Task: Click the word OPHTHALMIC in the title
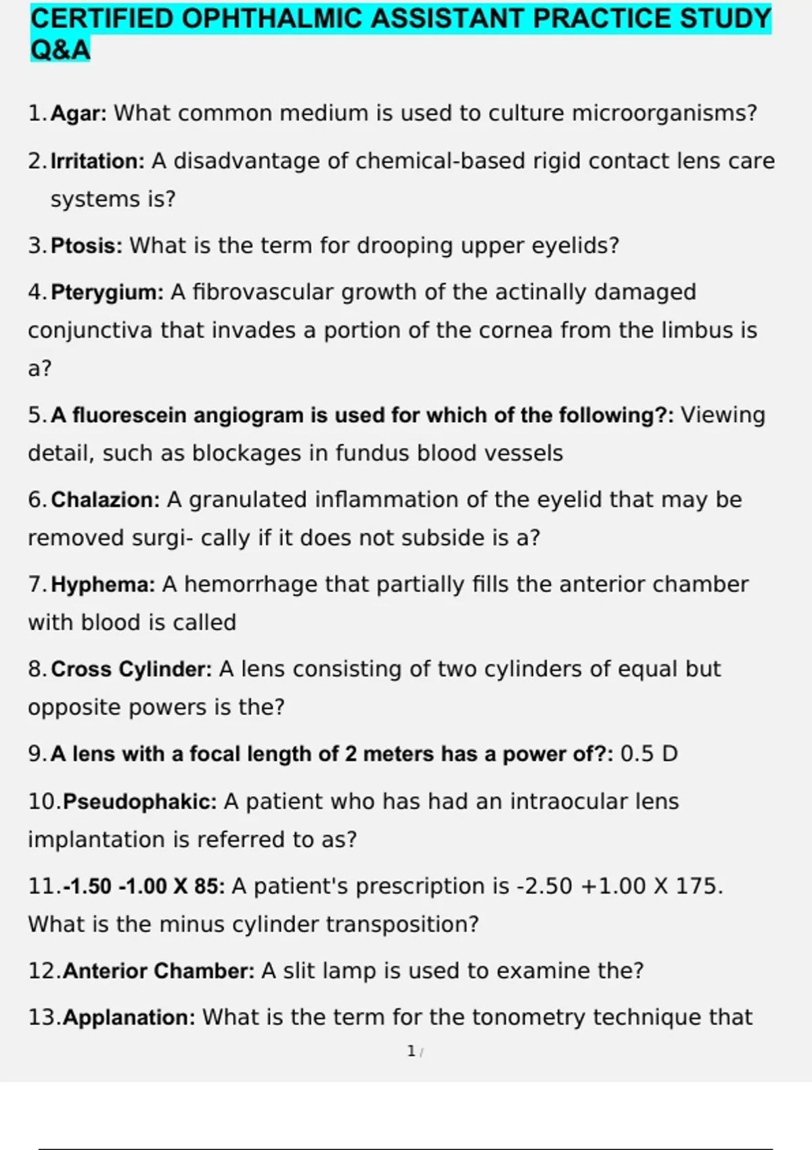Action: (273, 19)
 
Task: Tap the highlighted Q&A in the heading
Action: (60, 49)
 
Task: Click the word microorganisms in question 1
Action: (664, 113)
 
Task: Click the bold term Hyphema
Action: (103, 584)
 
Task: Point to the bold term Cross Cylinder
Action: (131, 669)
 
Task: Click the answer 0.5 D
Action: (649, 754)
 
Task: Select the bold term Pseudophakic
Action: (139, 802)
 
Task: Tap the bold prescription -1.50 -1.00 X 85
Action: (143, 886)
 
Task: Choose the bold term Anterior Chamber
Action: (158, 971)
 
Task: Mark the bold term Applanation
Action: (129, 1017)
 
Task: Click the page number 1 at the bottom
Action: (411, 1051)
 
